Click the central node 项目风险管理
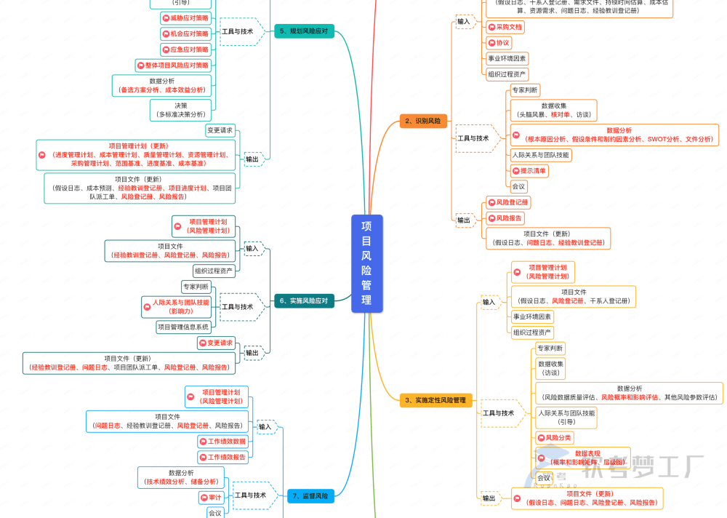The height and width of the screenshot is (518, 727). pyautogui.click(x=366, y=263)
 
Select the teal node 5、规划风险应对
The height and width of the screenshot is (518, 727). pyautogui.click(x=303, y=31)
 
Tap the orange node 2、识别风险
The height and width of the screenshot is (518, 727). pyautogui.click(x=423, y=121)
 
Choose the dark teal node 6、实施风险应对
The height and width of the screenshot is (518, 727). pyautogui.click(x=303, y=300)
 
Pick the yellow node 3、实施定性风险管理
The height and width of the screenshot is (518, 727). pyautogui.click(x=435, y=399)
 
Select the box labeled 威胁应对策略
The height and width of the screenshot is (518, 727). pyautogui.click(x=185, y=17)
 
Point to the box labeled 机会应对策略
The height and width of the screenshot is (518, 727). pyautogui.click(x=185, y=33)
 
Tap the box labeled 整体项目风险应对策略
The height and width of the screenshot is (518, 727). pyautogui.click(x=173, y=65)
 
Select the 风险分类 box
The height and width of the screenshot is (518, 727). pyautogui.click(x=554, y=438)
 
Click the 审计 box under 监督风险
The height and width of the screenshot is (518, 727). pyautogui.click(x=212, y=498)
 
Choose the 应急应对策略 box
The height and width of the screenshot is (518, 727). pyautogui.click(x=185, y=49)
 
